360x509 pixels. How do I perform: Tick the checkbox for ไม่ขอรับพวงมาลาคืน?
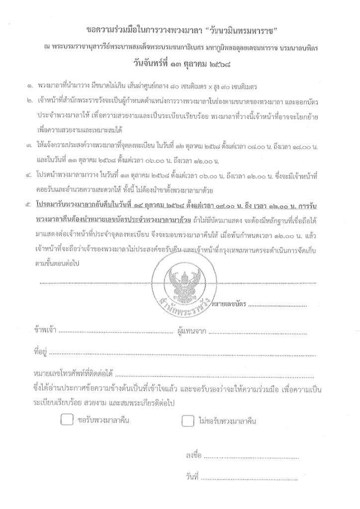tap(187, 421)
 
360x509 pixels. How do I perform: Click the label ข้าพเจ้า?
tap(45, 330)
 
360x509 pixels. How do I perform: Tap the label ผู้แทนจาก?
tap(192, 330)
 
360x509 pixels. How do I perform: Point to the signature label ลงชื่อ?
tap(193, 455)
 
